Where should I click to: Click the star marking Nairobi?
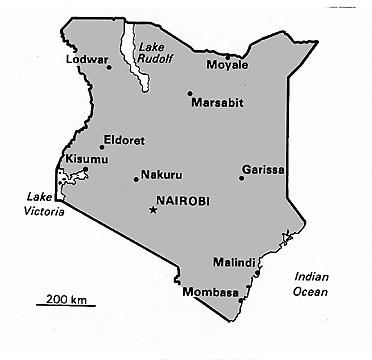pyautogui.click(x=153, y=210)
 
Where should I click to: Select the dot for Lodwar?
pyautogui.click(x=108, y=68)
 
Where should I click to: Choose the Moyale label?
pyautogui.click(x=226, y=65)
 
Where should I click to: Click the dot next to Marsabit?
pyautogui.click(x=189, y=94)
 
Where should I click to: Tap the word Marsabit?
pyautogui.click(x=216, y=102)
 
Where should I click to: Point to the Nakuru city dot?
pyautogui.click(x=136, y=179)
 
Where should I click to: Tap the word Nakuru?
pyautogui.click(x=163, y=173)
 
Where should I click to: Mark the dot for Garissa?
pyautogui.click(x=241, y=178)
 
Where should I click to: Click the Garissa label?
pyautogui.click(x=262, y=169)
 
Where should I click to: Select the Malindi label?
pyautogui.click(x=233, y=263)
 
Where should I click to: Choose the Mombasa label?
pyautogui.click(x=211, y=292)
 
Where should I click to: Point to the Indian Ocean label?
pyautogui.click(x=304, y=284)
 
